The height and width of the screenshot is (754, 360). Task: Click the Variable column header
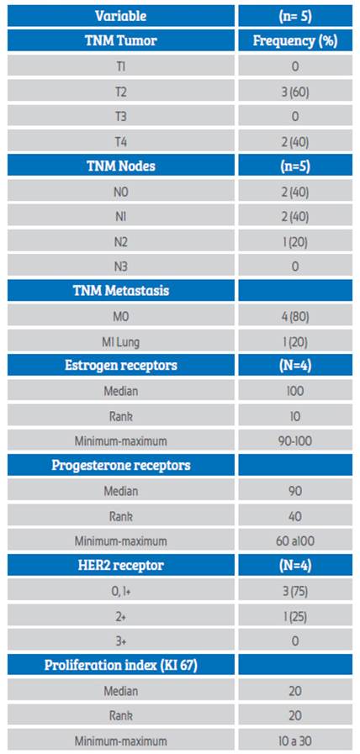tap(121, 16)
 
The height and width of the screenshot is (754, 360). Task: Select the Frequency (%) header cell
tap(295, 41)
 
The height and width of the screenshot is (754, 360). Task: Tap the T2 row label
tap(121, 91)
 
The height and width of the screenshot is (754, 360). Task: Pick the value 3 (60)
tap(295, 91)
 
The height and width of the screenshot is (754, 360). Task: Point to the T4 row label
tap(121, 141)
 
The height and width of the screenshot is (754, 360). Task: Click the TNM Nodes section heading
tap(121, 166)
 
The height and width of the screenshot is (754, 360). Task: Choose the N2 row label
tap(121, 241)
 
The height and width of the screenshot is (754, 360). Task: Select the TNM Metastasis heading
tap(121, 291)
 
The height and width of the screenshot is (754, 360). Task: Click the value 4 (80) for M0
tap(295, 316)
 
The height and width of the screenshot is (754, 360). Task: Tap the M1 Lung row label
tap(121, 341)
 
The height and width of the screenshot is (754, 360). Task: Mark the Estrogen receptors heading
tap(121, 365)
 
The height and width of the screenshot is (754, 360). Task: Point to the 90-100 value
tap(295, 441)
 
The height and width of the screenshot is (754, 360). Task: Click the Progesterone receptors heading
tap(121, 465)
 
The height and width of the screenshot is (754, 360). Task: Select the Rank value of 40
tap(295, 516)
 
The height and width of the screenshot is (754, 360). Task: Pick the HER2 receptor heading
tap(121, 565)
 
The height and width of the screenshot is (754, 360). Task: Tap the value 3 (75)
tap(295, 591)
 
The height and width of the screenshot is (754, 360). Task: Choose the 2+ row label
tap(121, 616)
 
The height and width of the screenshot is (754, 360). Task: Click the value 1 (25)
tap(295, 616)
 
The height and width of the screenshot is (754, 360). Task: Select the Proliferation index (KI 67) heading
tap(121, 665)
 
